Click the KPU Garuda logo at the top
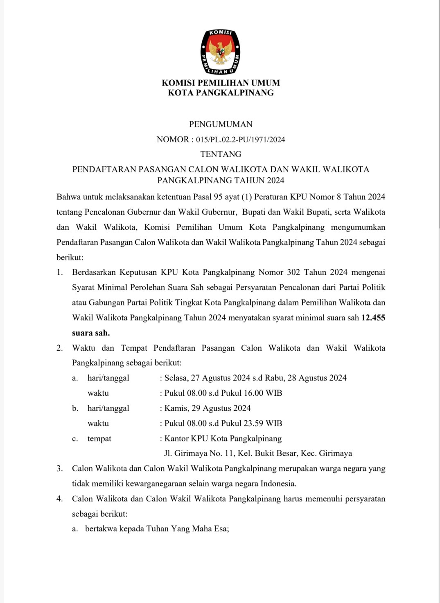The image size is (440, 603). point(220,52)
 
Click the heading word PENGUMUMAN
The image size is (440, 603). point(221,124)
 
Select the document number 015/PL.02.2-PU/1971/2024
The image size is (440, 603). point(240,140)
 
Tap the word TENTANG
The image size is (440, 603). point(221,154)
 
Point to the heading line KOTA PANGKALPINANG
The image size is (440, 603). point(221,93)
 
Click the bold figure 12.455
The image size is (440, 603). point(373,317)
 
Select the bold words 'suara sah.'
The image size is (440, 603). point(91,333)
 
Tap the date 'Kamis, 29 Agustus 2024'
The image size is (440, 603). point(208,408)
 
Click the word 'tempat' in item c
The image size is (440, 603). point(99,438)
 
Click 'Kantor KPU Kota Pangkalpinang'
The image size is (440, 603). point(223,438)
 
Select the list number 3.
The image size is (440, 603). point(60,469)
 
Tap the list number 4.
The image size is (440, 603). point(60,499)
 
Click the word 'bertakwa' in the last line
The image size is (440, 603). point(101,529)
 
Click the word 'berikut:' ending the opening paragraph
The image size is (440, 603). point(70,258)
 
